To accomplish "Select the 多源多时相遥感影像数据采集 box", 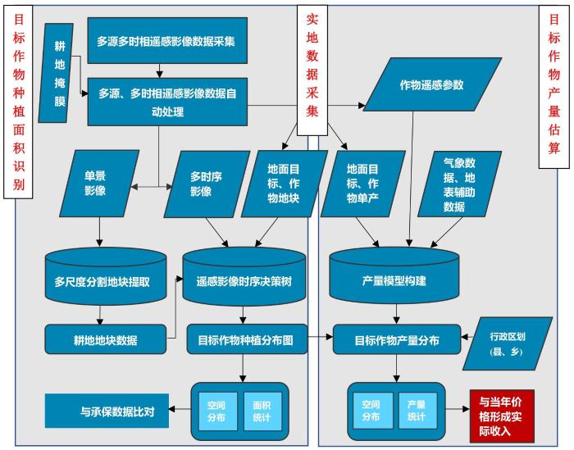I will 166,41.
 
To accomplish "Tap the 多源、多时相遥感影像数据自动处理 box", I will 166,101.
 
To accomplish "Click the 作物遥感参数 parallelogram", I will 430,85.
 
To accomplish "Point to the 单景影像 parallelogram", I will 94,184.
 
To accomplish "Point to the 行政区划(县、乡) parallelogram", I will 505,343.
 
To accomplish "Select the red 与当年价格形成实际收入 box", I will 501,415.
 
